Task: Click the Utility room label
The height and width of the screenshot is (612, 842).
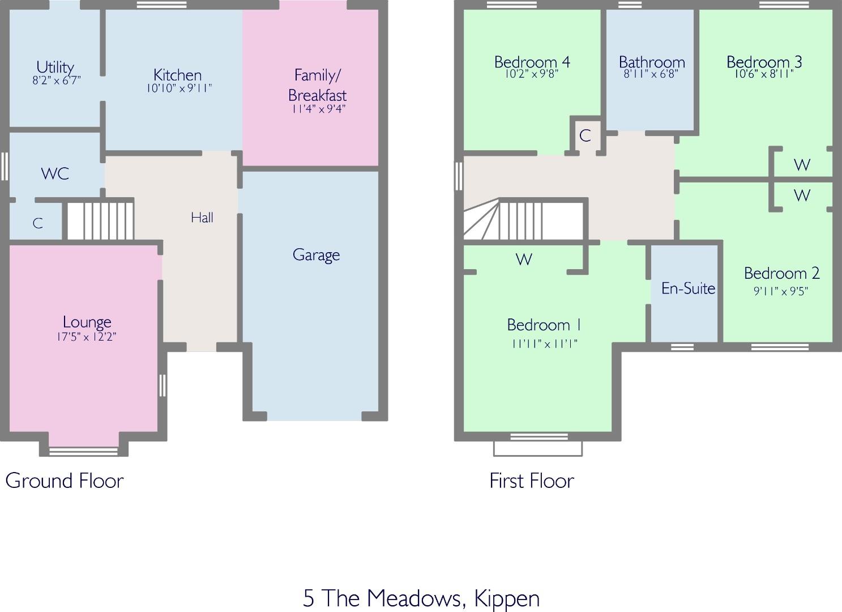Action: tap(55, 67)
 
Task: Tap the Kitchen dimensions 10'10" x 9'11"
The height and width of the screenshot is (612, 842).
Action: tap(179, 88)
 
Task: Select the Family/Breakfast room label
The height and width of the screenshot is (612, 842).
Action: tap(317, 85)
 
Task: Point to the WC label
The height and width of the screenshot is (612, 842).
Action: tap(55, 174)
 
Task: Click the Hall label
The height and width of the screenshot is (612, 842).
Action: tap(202, 218)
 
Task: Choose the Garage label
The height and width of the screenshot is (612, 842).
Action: tap(316, 255)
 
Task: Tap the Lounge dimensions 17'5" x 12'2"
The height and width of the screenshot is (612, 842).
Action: tap(87, 337)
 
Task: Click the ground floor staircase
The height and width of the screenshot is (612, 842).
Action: tap(100, 221)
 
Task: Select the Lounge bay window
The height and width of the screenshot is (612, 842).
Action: tap(83, 451)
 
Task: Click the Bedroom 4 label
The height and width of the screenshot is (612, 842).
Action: tap(532, 62)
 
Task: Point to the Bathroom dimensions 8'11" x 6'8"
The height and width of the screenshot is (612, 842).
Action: tap(651, 74)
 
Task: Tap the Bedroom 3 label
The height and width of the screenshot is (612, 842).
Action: tap(764, 62)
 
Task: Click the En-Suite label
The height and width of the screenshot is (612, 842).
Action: tap(688, 288)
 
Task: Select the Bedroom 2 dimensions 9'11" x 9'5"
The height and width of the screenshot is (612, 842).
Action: tap(781, 291)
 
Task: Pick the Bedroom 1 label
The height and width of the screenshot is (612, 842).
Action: tap(544, 325)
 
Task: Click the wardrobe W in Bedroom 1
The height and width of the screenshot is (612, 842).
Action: tap(524, 259)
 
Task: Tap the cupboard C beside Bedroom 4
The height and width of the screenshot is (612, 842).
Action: tap(585, 135)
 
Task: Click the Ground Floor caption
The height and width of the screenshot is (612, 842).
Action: tap(65, 481)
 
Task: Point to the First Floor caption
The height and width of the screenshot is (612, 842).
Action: tap(532, 481)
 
